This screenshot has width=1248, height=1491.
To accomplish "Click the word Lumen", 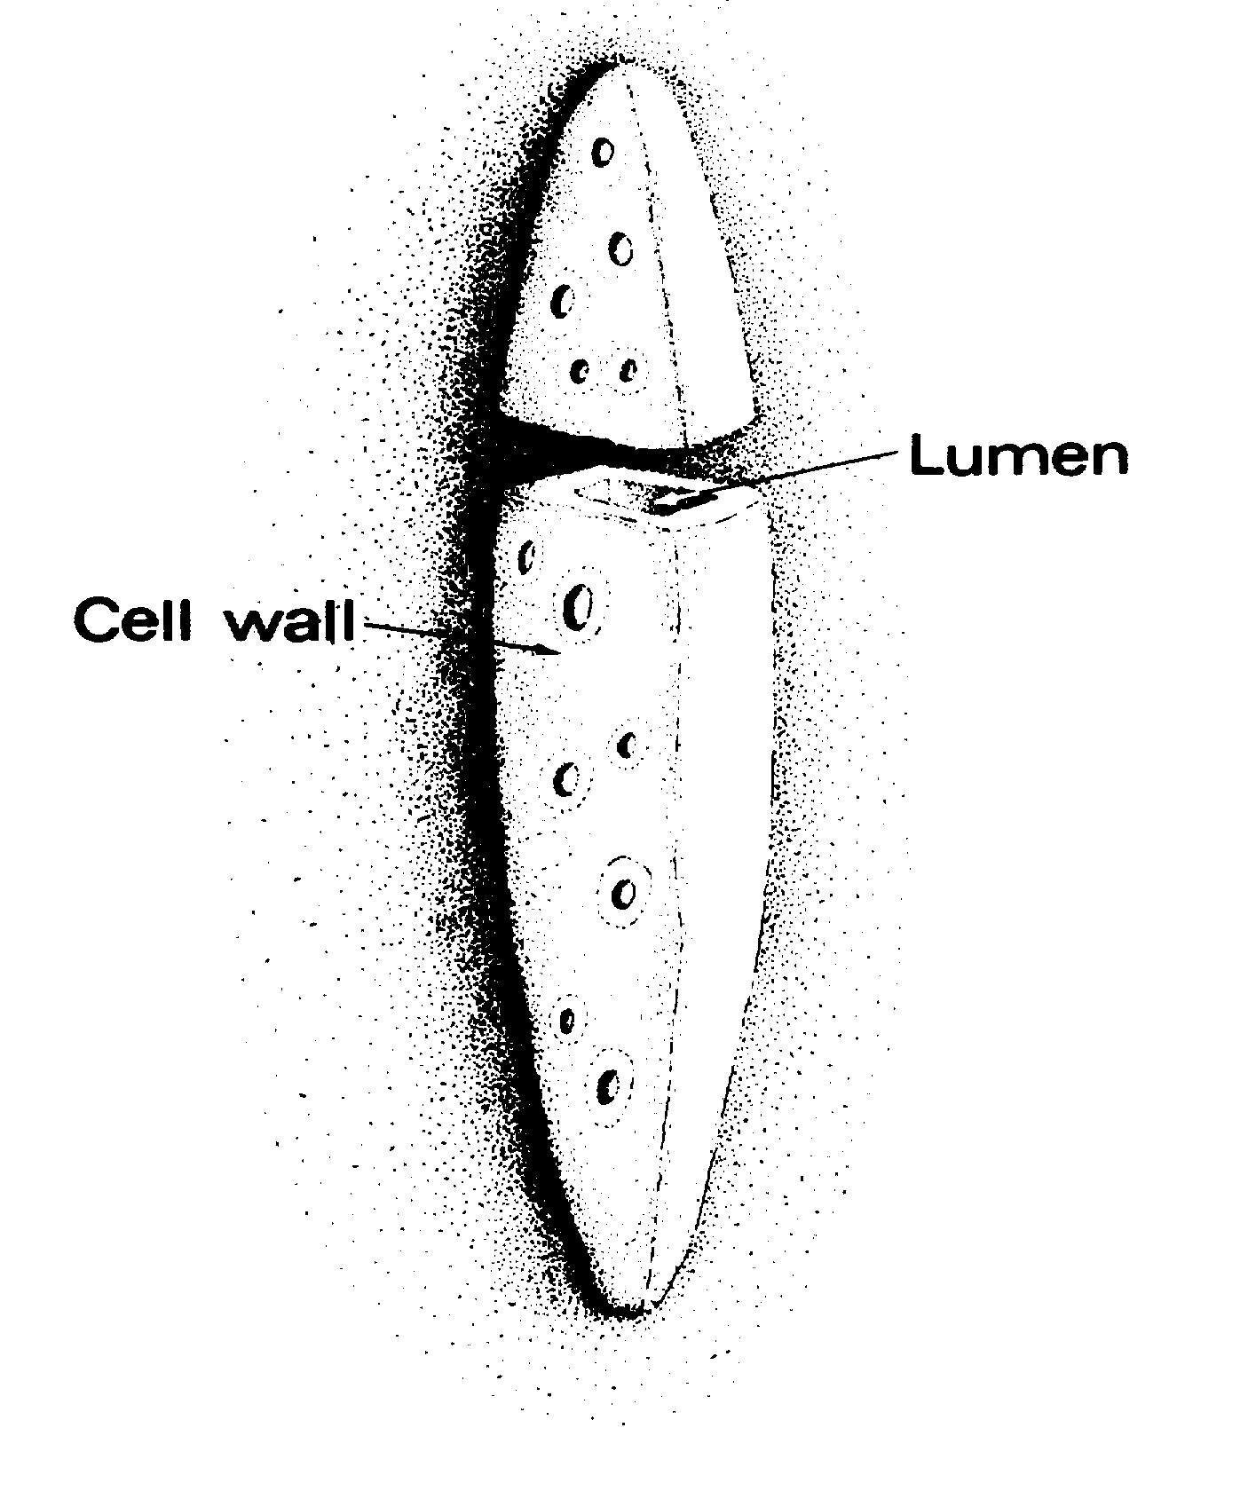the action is [1018, 456].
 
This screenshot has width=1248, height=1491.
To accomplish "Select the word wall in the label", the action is [288, 619].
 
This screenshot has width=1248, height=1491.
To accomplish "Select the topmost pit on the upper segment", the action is [604, 152].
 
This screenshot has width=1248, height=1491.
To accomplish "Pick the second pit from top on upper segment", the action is [622, 248].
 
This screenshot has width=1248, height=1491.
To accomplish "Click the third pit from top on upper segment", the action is [561, 302].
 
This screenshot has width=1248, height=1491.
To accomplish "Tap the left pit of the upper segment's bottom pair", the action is [581, 371].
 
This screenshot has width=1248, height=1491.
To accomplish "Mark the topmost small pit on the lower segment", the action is [528, 557].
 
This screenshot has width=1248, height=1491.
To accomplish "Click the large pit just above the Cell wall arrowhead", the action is [581, 606].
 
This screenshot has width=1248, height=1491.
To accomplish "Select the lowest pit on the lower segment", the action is [609, 1085].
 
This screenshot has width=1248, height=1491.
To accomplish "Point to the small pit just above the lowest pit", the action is [566, 1022].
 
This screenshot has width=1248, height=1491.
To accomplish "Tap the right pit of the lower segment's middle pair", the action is [628, 745].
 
